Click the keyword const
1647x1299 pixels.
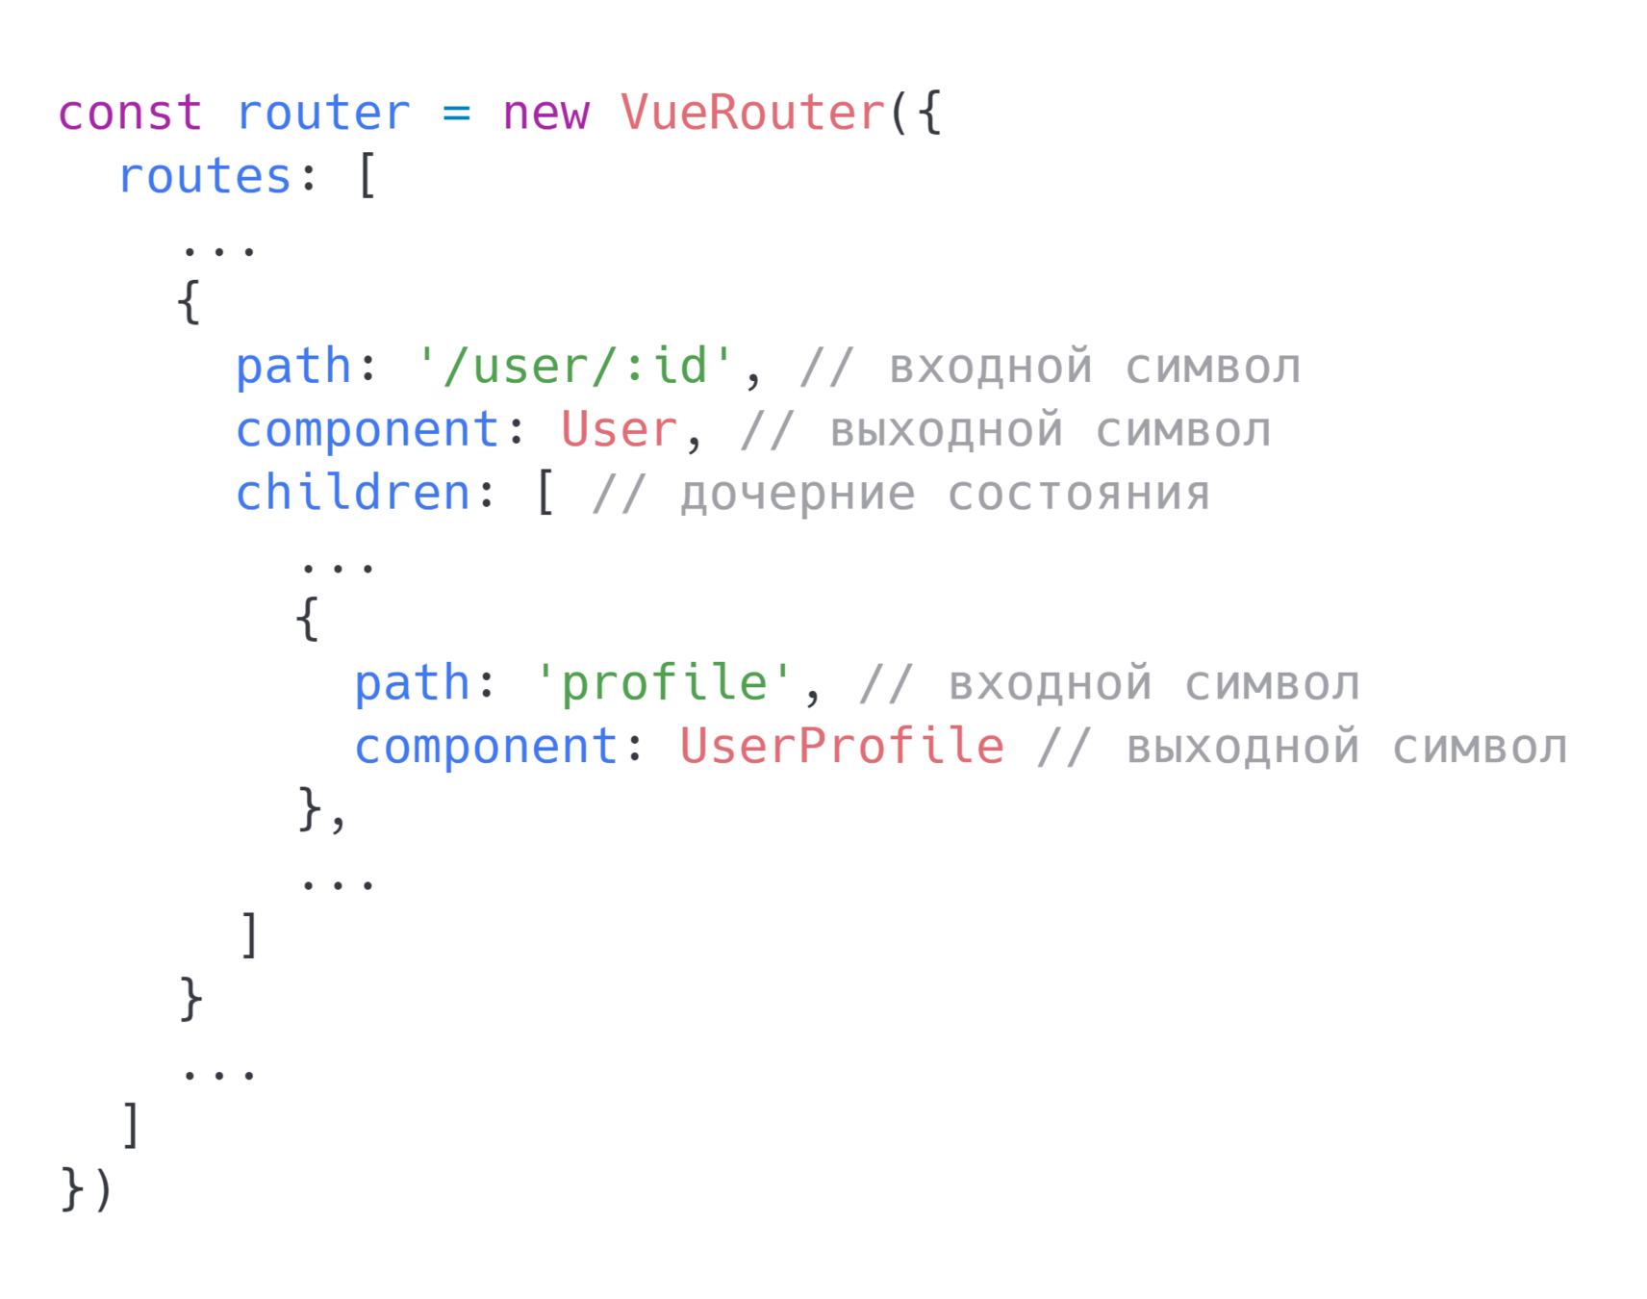[130, 114]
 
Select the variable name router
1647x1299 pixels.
[323, 114]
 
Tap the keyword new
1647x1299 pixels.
[545, 114]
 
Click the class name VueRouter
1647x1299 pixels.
[752, 114]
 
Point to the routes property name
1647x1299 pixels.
[205, 177]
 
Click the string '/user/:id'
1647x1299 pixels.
[575, 367]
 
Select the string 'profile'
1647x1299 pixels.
[664, 683]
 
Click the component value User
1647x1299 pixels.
[620, 430]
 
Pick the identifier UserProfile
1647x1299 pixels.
[842, 747]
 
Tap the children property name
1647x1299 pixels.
[353, 494]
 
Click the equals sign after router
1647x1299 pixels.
[456, 114]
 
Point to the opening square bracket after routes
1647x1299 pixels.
[367, 177]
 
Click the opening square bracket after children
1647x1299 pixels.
[545, 494]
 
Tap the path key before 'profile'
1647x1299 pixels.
[412, 683]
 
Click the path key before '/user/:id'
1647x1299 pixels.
[293, 367]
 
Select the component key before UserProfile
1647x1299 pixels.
[486, 747]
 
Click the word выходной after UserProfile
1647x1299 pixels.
[1243, 749]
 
